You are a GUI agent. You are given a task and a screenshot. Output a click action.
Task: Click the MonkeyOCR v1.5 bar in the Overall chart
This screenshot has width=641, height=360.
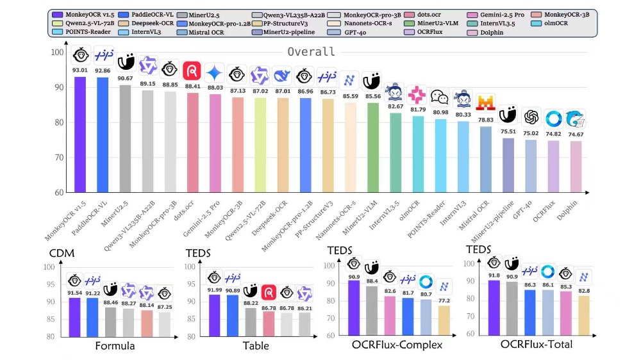click(80, 135)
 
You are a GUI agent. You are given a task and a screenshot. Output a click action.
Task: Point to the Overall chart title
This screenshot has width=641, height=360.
click(311, 52)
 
